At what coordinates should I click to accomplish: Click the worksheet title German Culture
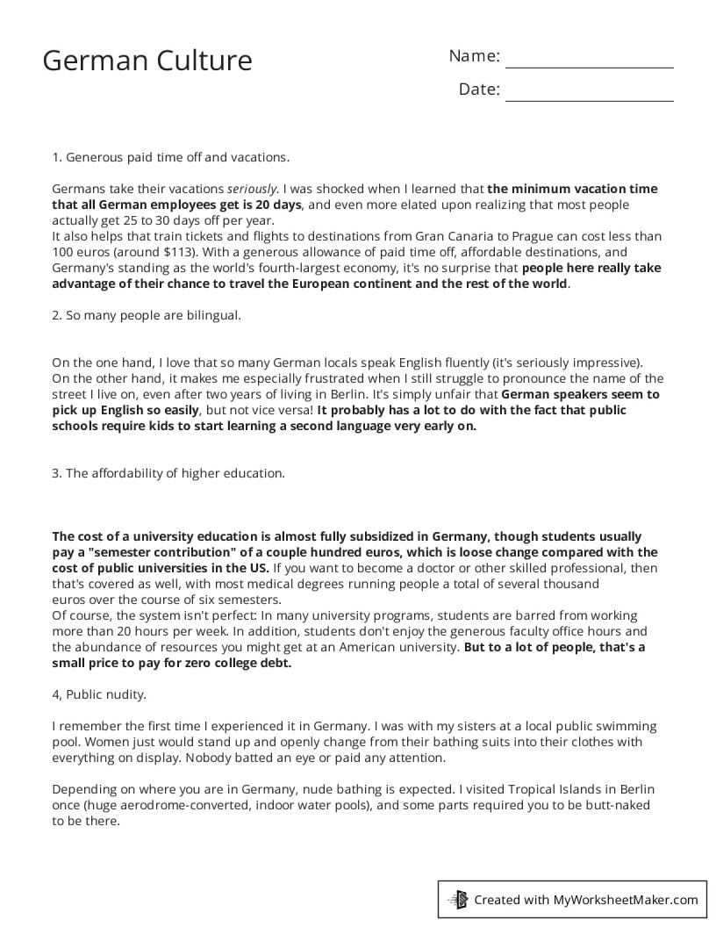click(147, 61)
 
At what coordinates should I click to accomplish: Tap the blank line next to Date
click(589, 91)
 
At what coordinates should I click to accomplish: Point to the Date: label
click(479, 90)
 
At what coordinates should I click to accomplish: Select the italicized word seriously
click(253, 189)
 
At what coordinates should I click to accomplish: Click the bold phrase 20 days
click(273, 205)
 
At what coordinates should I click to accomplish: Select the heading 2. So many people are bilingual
click(146, 315)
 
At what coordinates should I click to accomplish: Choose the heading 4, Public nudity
click(99, 694)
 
